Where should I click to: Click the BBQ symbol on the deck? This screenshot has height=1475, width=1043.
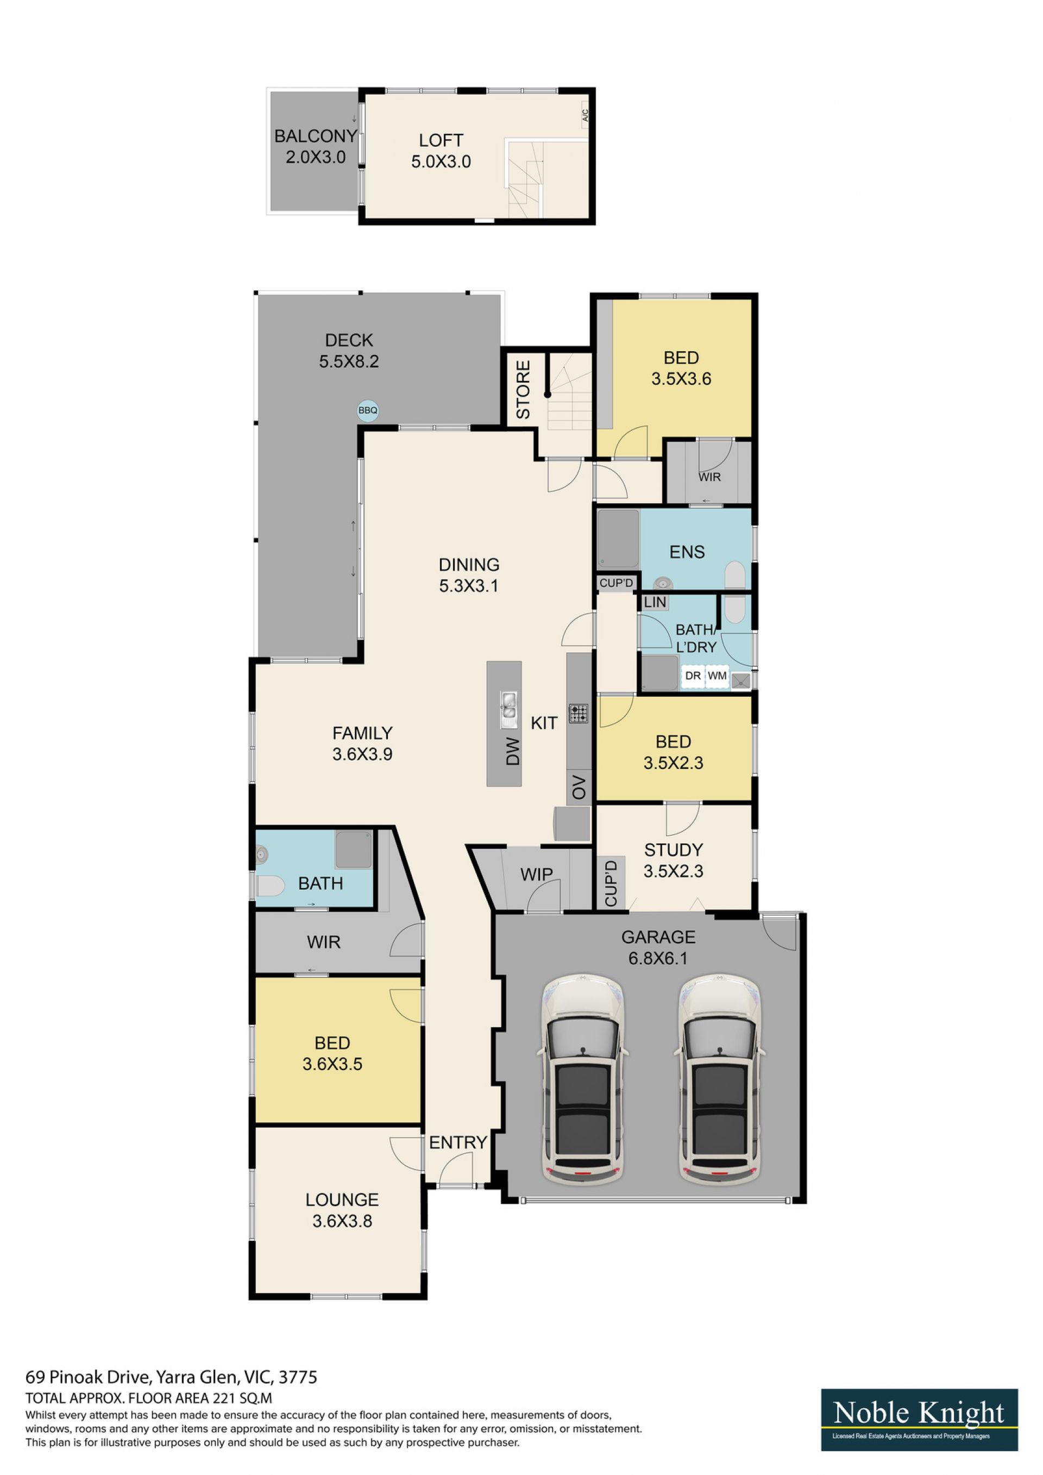pyautogui.click(x=368, y=410)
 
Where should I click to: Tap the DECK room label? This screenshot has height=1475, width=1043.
pyautogui.click(x=349, y=340)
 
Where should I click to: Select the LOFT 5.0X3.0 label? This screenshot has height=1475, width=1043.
pyautogui.click(x=441, y=151)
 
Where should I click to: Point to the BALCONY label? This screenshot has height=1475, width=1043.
pyautogui.click(x=315, y=136)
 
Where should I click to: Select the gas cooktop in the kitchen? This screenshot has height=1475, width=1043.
pyautogui.click(x=578, y=713)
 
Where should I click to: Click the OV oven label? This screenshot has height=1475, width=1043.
pyautogui.click(x=579, y=787)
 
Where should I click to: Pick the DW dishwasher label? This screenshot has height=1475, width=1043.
pyautogui.click(x=512, y=752)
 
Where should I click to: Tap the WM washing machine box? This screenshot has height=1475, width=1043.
pyautogui.click(x=718, y=676)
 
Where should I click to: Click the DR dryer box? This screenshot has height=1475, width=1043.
pyautogui.click(x=693, y=676)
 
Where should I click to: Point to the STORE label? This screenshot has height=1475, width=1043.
pyautogui.click(x=524, y=390)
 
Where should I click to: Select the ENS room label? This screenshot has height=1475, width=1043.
pyautogui.click(x=687, y=552)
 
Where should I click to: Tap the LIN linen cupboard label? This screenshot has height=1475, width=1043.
pyautogui.click(x=655, y=603)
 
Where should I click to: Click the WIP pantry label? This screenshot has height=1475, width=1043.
pyautogui.click(x=536, y=874)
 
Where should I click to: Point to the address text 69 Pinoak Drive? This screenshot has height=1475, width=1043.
pyautogui.click(x=87, y=1377)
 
